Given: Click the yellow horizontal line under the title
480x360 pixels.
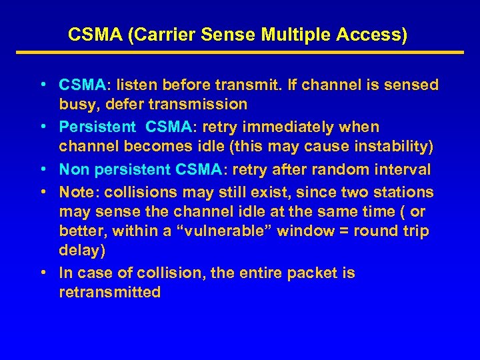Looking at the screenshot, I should pyautogui.click(x=239, y=53).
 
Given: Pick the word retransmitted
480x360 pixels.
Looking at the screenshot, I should pyautogui.click(x=110, y=292).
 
